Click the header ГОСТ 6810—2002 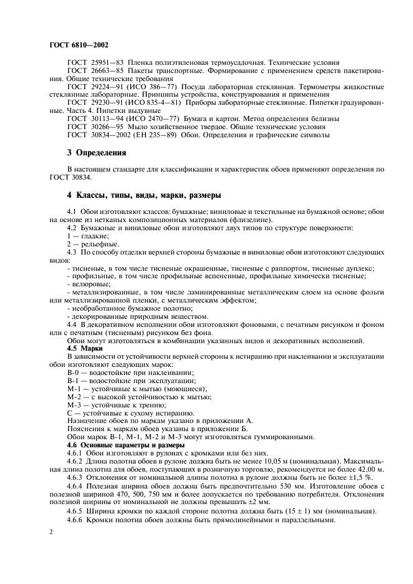tap(77, 46)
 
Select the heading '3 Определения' tap(97, 152)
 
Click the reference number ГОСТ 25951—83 tap(95, 64)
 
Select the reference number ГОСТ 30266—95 tap(95, 127)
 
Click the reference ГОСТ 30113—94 tap(95, 118)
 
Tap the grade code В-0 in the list tap(74, 372)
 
